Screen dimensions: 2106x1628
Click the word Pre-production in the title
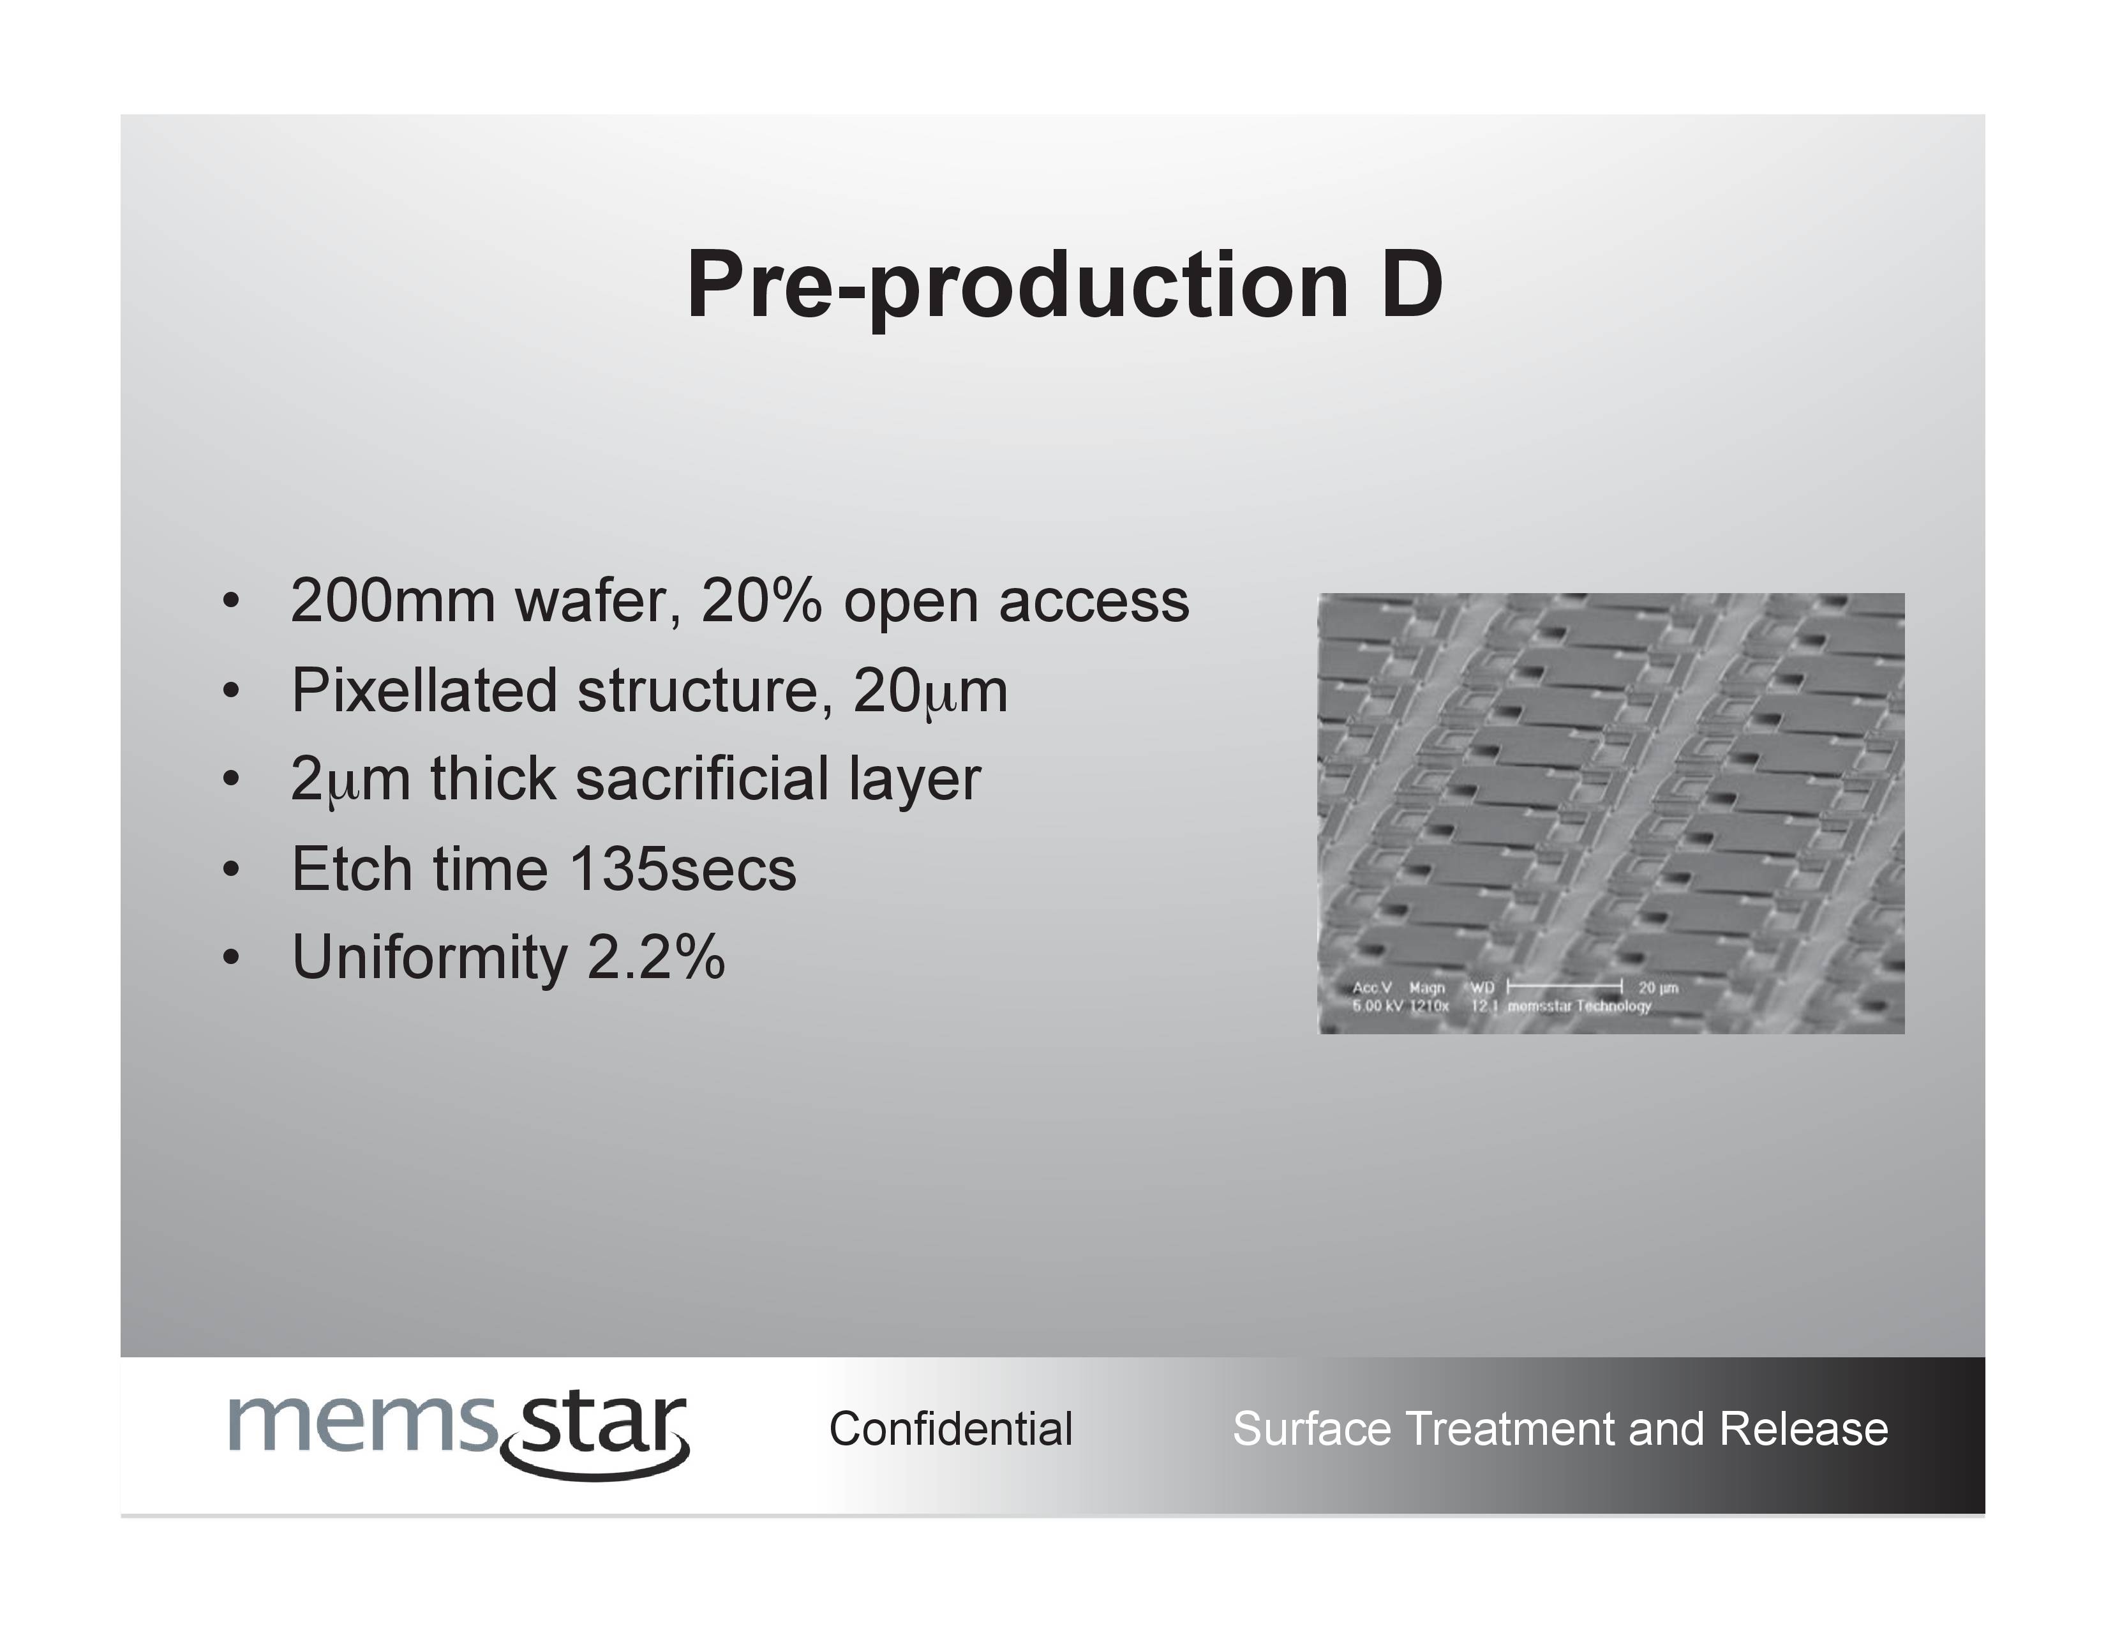point(1017,287)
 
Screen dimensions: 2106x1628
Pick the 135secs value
point(683,868)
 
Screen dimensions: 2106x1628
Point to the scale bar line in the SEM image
point(1565,986)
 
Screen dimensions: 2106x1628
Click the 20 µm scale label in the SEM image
point(1659,988)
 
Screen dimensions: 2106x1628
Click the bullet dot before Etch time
point(230,869)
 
